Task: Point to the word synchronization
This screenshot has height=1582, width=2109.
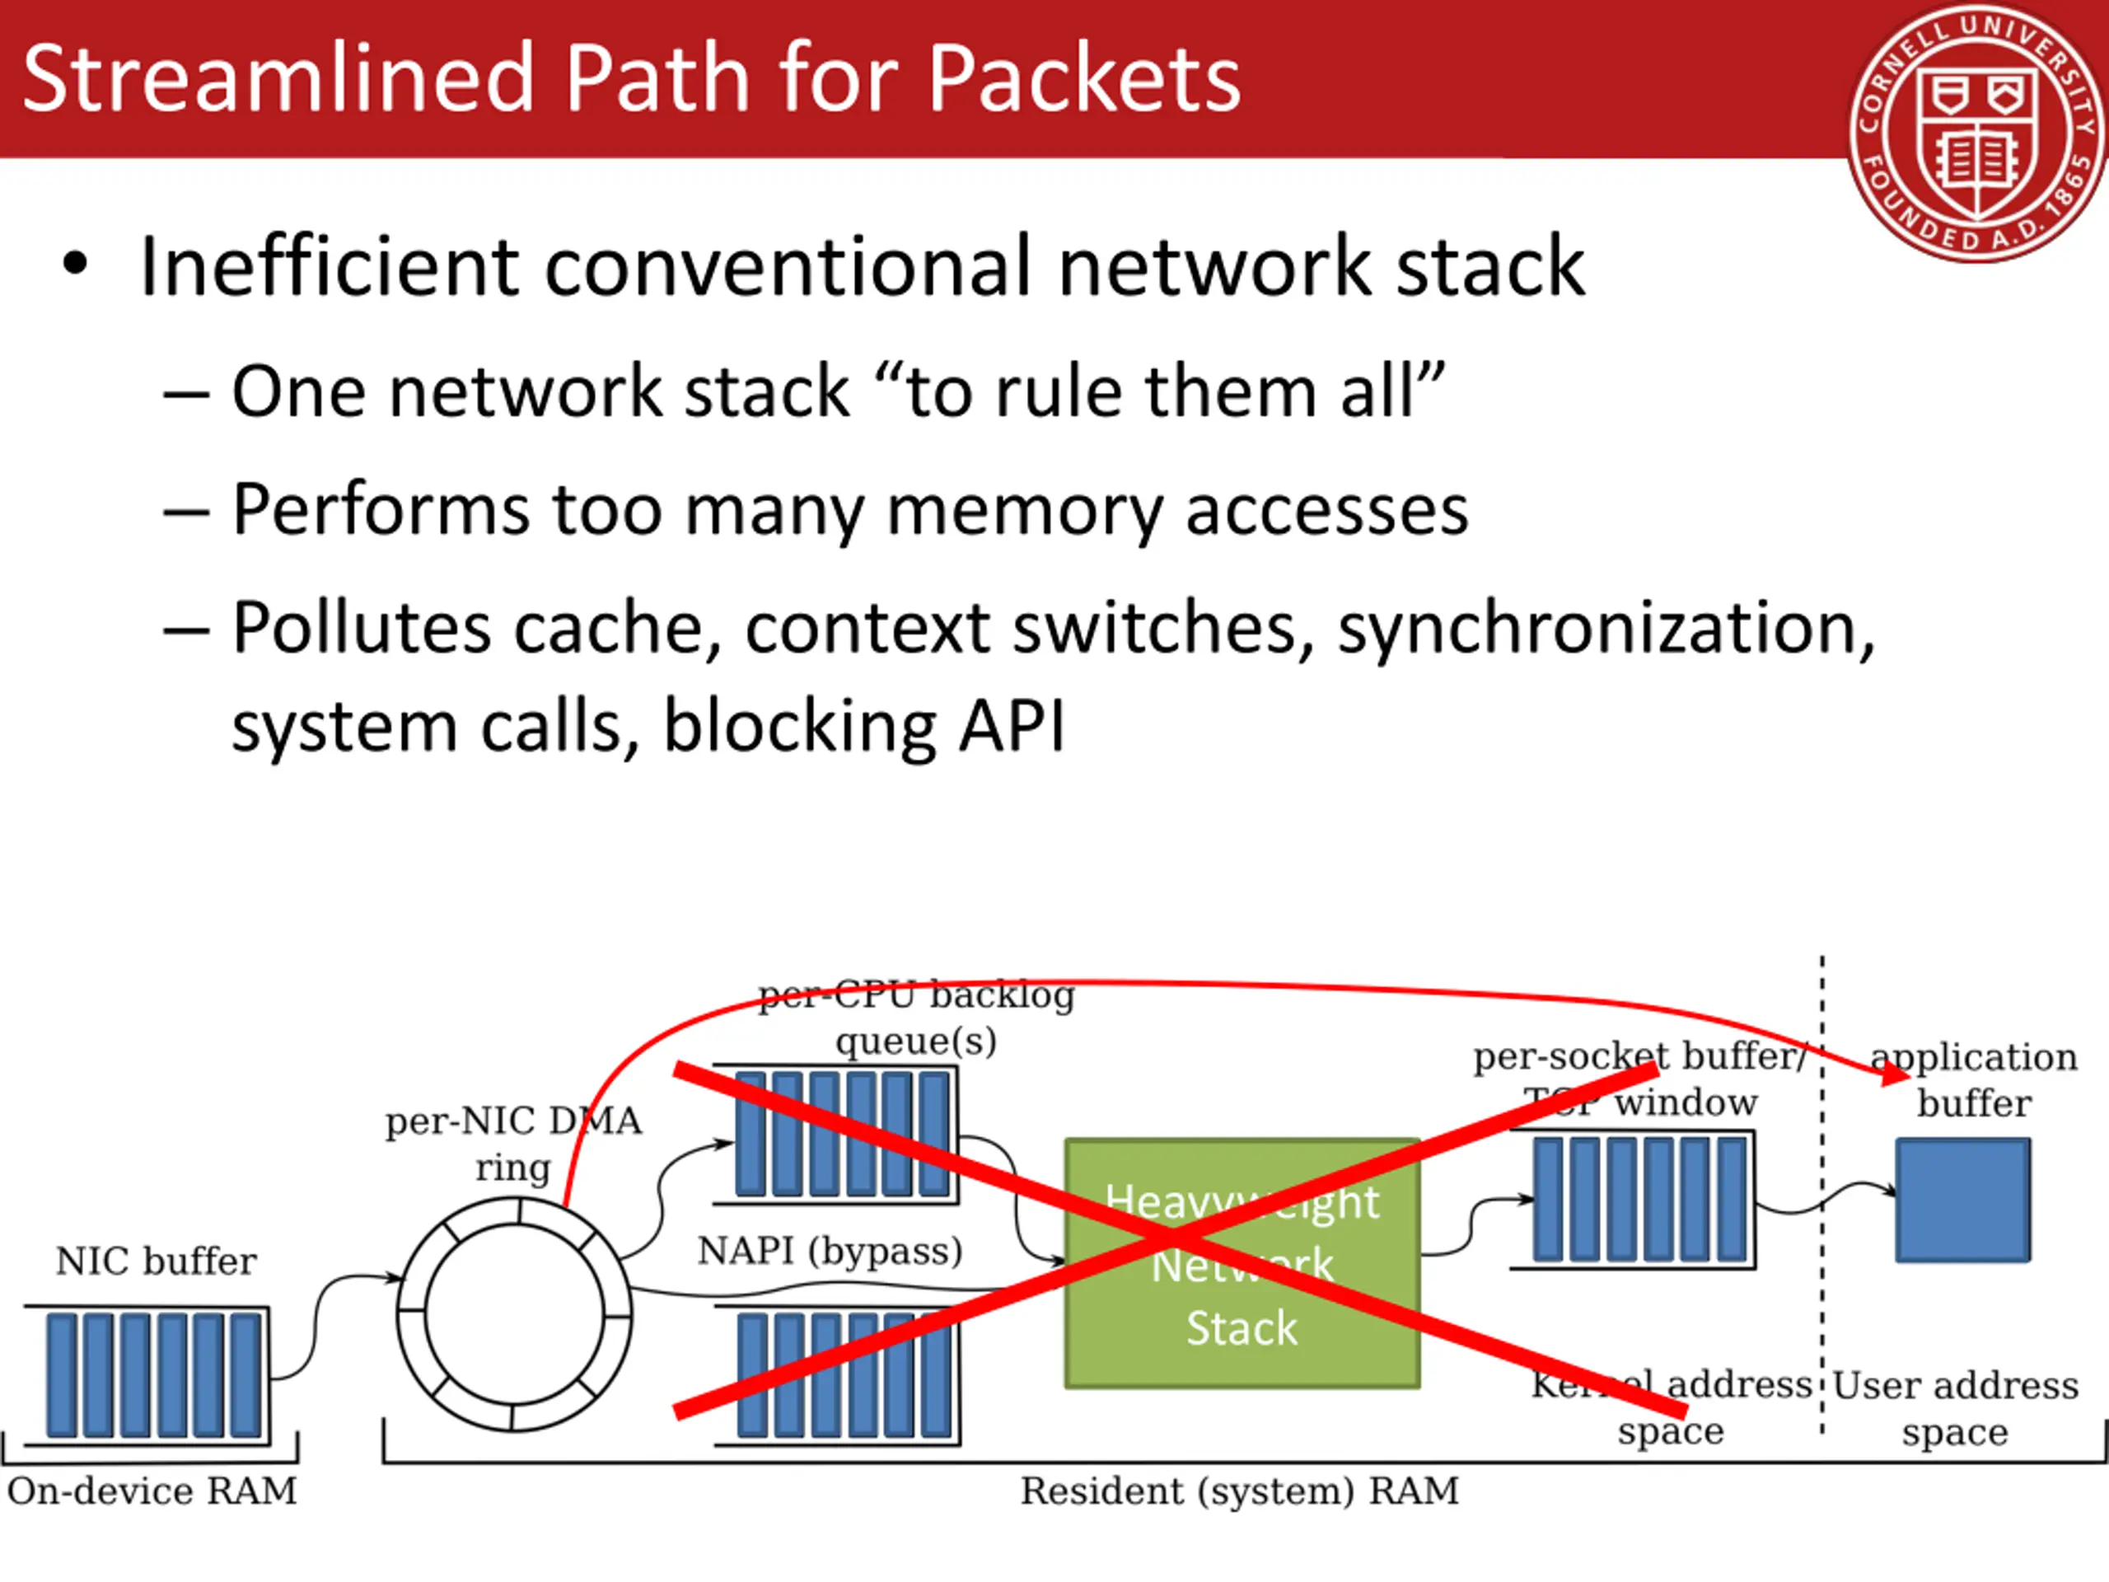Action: [1606, 630]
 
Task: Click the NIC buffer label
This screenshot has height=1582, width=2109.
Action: [157, 1261]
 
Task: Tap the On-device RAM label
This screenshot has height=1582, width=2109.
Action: [152, 1491]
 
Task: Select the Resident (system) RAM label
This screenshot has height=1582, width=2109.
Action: [1240, 1491]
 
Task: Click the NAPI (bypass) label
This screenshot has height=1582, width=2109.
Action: [830, 1251]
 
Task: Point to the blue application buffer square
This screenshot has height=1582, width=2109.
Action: [1962, 1200]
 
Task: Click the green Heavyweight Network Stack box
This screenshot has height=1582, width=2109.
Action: [1242, 1263]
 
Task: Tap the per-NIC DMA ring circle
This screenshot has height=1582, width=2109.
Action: [514, 1315]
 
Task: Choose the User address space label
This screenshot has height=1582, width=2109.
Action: [1955, 1408]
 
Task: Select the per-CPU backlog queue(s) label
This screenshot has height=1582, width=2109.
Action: [916, 1018]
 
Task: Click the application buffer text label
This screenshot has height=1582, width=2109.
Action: [1974, 1079]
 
